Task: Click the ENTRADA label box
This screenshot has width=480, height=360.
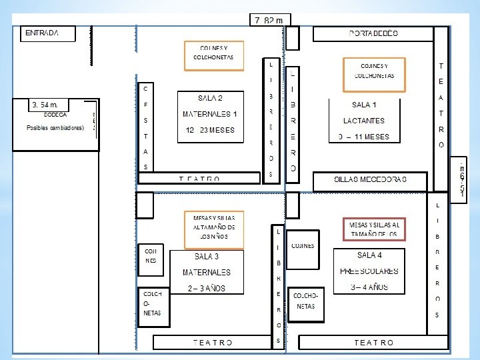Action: click(x=48, y=33)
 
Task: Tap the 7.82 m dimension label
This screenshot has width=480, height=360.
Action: click(x=269, y=20)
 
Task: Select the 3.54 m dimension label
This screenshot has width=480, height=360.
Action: click(x=49, y=105)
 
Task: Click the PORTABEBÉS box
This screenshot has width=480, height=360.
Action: click(x=373, y=33)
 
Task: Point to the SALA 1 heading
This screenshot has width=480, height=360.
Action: click(x=365, y=105)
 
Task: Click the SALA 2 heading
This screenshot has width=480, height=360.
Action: click(x=210, y=97)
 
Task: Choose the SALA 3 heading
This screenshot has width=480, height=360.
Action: click(x=207, y=257)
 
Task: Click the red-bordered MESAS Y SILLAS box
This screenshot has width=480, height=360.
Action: click(x=374, y=229)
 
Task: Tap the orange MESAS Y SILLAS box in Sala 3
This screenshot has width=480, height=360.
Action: click(x=213, y=227)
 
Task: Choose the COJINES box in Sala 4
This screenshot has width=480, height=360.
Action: click(x=303, y=246)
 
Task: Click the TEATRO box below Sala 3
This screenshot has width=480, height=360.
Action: click(x=213, y=342)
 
